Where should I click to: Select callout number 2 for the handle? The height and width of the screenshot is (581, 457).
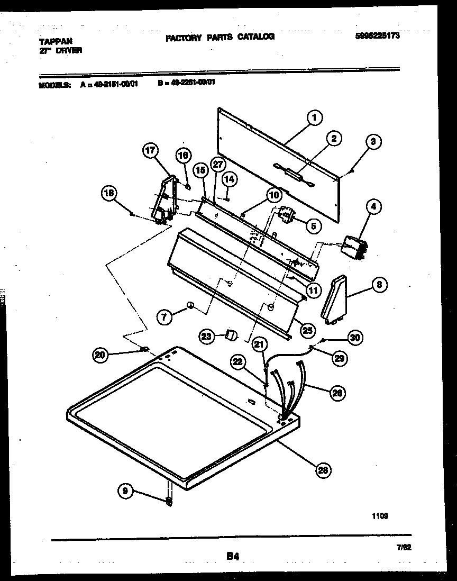pyautogui.click(x=334, y=139)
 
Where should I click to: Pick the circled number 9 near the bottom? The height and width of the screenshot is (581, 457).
pyautogui.click(x=125, y=492)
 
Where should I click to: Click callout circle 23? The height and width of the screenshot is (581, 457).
pyautogui.click(x=207, y=335)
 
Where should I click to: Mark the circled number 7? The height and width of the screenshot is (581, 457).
pyautogui.click(x=164, y=317)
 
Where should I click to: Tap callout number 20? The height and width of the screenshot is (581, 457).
pyautogui.click(x=100, y=356)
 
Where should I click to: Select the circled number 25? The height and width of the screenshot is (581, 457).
pyautogui.click(x=306, y=330)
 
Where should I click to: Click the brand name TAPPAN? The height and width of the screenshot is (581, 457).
pyautogui.click(x=56, y=40)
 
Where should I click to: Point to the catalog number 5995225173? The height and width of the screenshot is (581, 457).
pyautogui.click(x=378, y=37)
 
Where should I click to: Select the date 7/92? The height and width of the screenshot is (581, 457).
pyautogui.click(x=404, y=548)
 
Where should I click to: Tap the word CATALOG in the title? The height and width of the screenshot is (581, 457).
pyautogui.click(x=255, y=37)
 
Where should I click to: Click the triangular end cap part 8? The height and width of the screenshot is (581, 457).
pyautogui.click(x=335, y=299)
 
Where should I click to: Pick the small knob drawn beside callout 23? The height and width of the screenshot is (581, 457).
pyautogui.click(x=231, y=335)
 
